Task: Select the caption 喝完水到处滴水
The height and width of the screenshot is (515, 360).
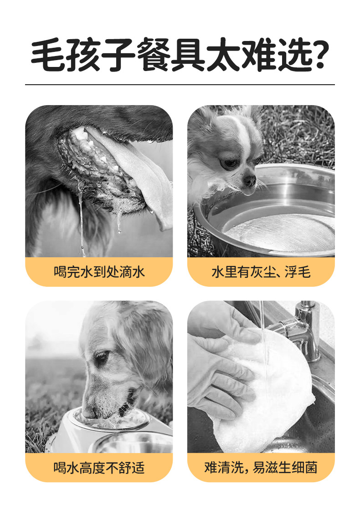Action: point(99,272)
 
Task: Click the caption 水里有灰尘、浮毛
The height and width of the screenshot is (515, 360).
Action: point(261,272)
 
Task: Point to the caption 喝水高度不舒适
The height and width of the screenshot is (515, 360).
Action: point(99,468)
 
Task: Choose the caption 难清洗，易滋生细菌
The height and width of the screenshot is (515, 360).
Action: point(261,468)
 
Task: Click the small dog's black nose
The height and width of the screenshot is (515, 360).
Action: point(249,181)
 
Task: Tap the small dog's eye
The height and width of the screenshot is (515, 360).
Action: point(228,163)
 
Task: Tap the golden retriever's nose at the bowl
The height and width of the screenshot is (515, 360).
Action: point(88,413)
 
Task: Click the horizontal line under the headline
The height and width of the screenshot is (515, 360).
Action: point(180,85)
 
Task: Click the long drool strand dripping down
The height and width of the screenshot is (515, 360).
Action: point(82,219)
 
